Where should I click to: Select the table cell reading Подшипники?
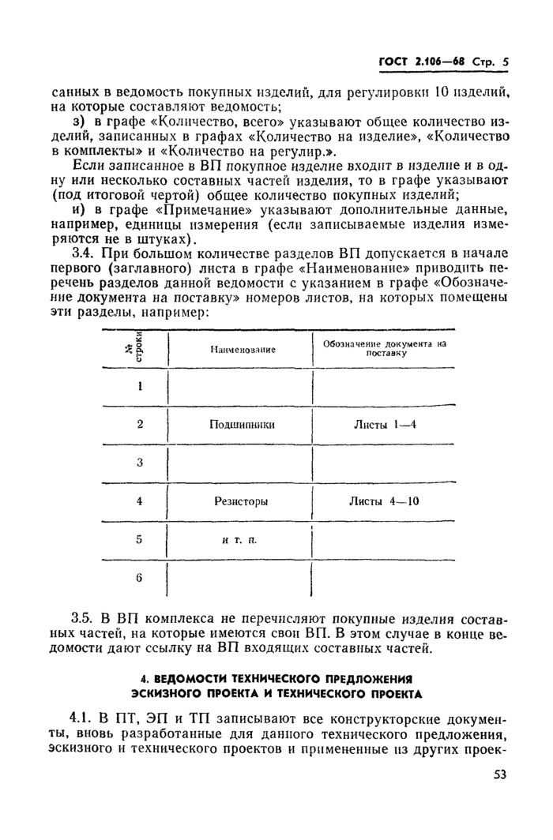click(242, 424)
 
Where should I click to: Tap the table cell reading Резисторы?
click(241, 501)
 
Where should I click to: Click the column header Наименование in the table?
click(243, 349)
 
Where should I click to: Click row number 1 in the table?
click(140, 386)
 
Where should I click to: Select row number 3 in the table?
click(140, 463)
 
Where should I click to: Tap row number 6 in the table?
click(140, 577)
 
